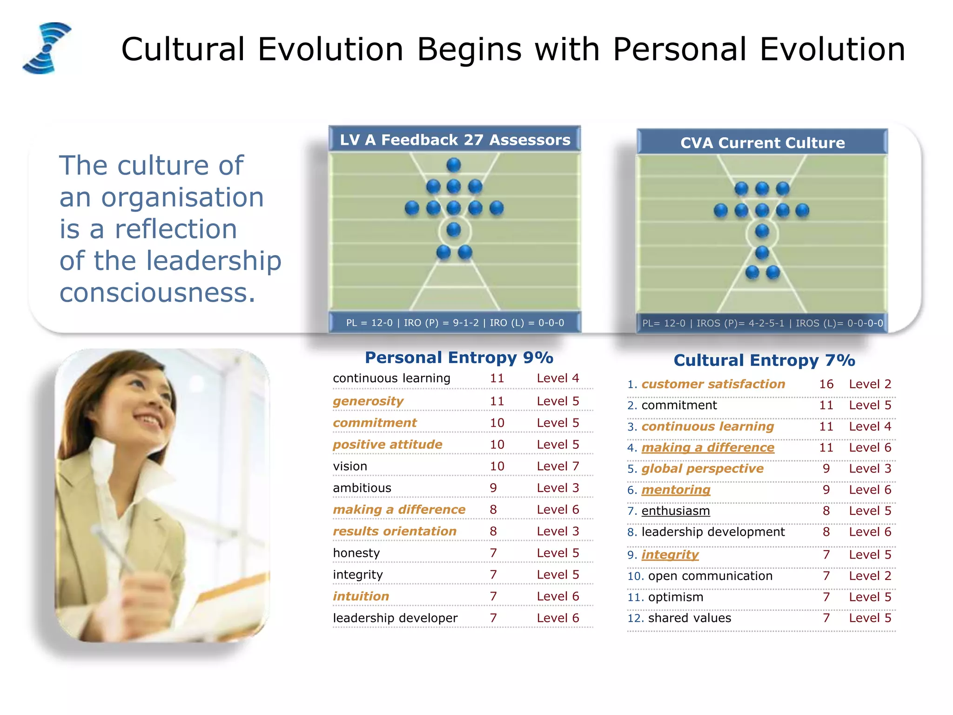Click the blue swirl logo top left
(x=47, y=48)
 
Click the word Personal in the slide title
(x=679, y=49)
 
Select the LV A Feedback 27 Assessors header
(x=455, y=140)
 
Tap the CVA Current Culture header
(x=762, y=142)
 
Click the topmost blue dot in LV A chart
(x=453, y=165)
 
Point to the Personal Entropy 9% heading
(x=459, y=357)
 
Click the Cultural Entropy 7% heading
(x=764, y=360)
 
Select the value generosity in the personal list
(x=368, y=401)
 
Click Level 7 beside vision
(x=557, y=466)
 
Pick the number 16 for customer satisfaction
(x=826, y=384)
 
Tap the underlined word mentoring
(x=676, y=490)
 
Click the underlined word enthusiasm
(x=675, y=511)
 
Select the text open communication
(x=710, y=576)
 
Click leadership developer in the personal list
(x=395, y=618)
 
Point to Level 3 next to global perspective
(x=870, y=469)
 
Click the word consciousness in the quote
(x=157, y=293)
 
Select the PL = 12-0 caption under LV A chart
(x=455, y=323)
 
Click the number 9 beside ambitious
(x=493, y=488)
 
